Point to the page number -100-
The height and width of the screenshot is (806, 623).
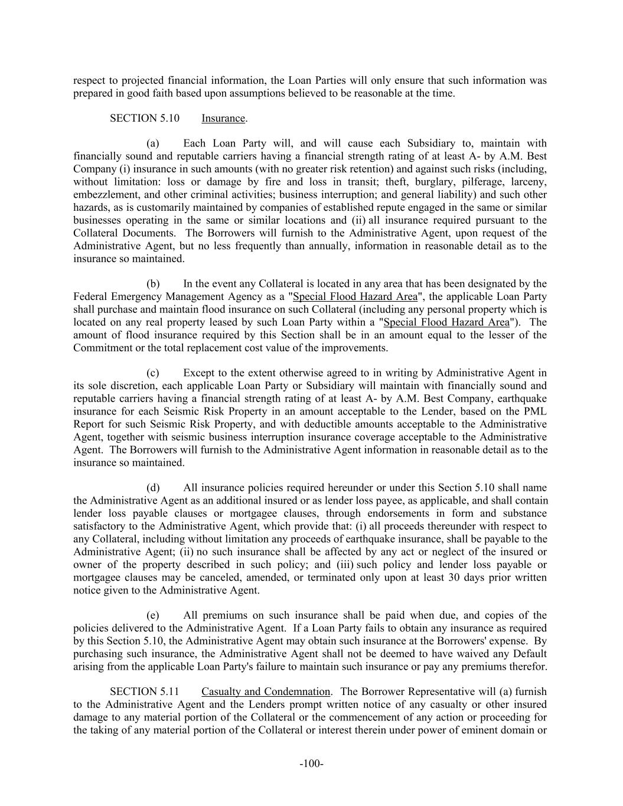(x=311, y=764)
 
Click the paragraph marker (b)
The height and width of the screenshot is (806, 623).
(x=154, y=283)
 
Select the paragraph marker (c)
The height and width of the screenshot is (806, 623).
(x=153, y=373)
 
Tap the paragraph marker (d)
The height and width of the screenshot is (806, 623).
(x=154, y=488)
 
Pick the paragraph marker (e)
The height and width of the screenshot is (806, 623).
(x=153, y=615)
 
